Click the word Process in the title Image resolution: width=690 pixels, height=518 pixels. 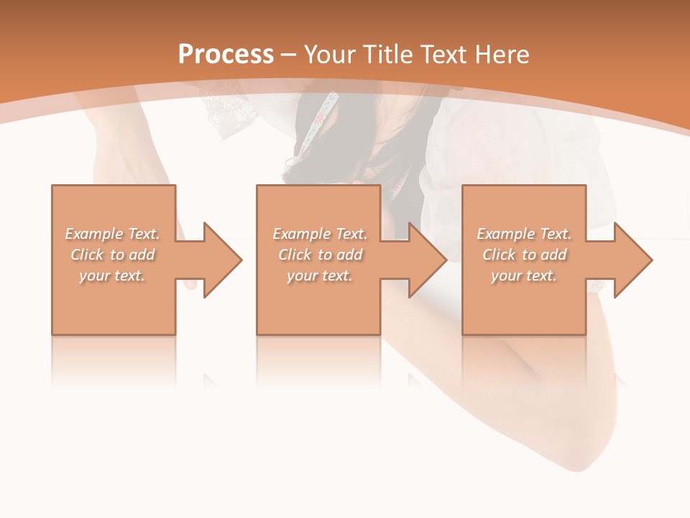(x=226, y=55)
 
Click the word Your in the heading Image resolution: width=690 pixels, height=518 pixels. (x=331, y=55)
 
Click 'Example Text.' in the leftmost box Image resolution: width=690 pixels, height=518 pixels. (x=113, y=234)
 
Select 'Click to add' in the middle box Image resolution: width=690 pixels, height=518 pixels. (x=320, y=255)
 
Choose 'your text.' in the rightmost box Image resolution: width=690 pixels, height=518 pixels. (x=524, y=276)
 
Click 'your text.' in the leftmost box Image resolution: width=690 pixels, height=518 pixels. (x=113, y=276)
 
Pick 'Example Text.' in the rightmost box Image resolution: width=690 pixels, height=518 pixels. (x=524, y=234)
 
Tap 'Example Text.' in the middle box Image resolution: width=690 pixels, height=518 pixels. (x=320, y=234)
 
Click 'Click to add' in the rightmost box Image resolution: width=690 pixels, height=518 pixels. (x=524, y=255)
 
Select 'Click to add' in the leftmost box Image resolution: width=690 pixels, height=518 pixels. (x=113, y=255)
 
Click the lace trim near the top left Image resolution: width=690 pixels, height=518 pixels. (x=219, y=115)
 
